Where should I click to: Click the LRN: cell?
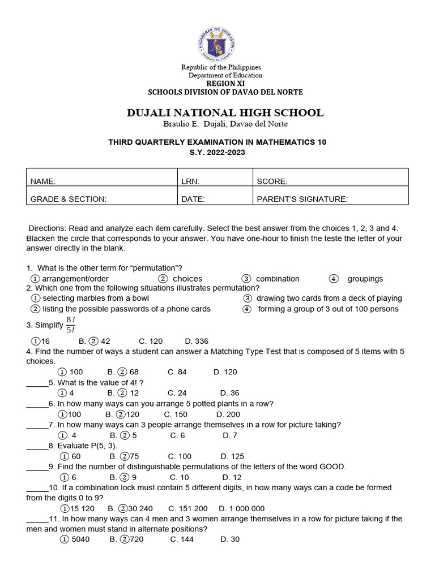pyautogui.click(x=190, y=182)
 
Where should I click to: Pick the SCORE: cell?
pyautogui.click(x=272, y=182)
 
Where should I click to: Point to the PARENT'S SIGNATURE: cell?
pyautogui.click(x=302, y=199)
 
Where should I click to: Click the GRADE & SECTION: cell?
pyautogui.click(x=69, y=199)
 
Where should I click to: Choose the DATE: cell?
pyautogui.click(x=193, y=199)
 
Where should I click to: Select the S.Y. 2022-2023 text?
pyautogui.click(x=217, y=153)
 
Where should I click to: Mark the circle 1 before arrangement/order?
pyautogui.click(x=35, y=279)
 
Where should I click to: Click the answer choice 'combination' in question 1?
pyautogui.click(x=278, y=279)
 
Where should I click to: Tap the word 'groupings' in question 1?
pyautogui.click(x=365, y=279)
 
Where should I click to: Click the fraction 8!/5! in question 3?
pyautogui.click(x=70, y=325)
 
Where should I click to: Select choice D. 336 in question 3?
pyautogui.click(x=197, y=341)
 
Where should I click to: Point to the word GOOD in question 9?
pyautogui.click(x=332, y=466)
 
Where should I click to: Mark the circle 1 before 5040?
pyautogui.click(x=65, y=539)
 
